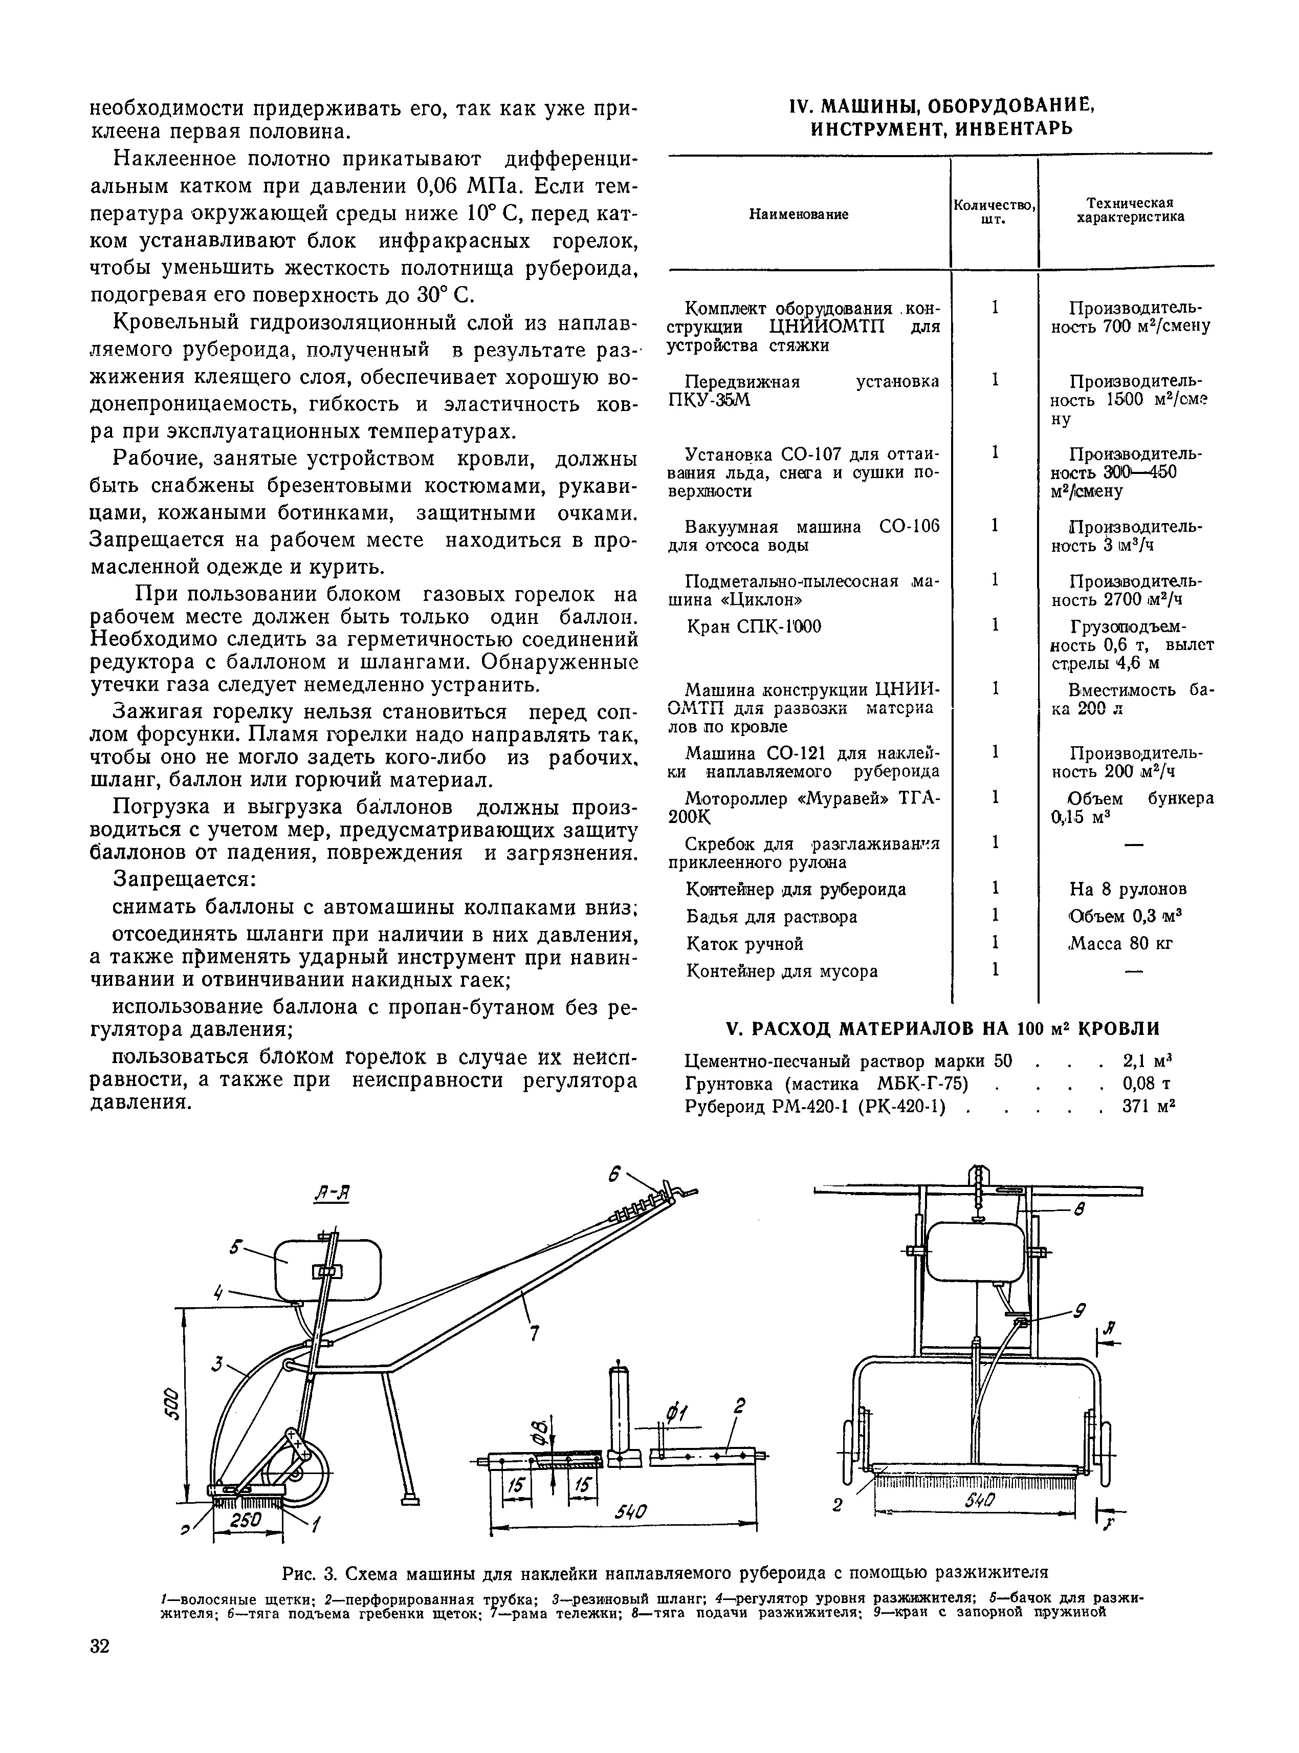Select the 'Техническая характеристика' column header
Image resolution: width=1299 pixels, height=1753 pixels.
point(1130,210)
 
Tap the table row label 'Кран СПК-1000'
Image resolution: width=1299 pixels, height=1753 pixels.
point(753,627)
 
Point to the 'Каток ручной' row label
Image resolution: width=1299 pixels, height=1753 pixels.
point(744,943)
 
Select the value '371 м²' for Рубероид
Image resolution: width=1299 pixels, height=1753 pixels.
point(1149,1107)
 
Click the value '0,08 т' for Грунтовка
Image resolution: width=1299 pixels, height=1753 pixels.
point(1147,1084)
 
